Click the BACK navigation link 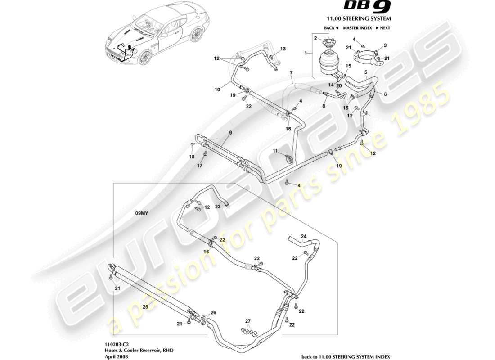[331, 28]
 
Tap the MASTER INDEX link [356, 28]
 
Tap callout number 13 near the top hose [283, 49]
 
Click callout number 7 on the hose [291, 72]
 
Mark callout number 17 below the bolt [201, 166]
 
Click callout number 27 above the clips [247, 321]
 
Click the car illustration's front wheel [145, 57]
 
